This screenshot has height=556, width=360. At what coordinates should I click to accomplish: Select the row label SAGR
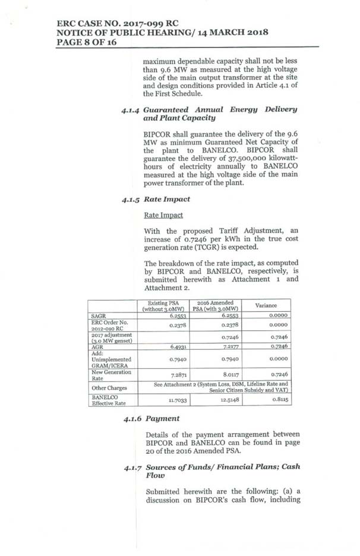(x=98, y=316)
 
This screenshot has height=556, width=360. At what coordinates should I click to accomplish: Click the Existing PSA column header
(x=163, y=305)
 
